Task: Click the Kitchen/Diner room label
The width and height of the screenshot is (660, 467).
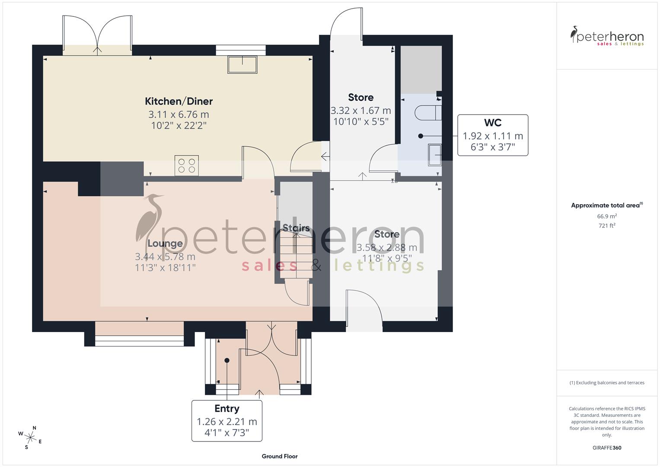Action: [179, 101]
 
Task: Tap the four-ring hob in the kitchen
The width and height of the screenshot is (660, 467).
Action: [187, 165]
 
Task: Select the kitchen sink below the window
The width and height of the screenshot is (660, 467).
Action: [242, 64]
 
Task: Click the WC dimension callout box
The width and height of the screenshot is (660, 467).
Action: [493, 135]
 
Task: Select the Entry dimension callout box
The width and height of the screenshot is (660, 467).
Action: [227, 421]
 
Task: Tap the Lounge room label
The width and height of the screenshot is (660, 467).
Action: [165, 243]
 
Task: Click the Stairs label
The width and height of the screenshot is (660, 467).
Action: [296, 228]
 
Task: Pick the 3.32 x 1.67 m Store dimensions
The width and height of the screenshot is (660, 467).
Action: [361, 111]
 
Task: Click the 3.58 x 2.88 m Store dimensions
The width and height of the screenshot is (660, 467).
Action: [387, 248]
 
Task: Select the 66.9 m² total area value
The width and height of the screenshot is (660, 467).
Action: [607, 216]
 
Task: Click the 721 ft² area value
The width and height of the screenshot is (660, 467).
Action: [607, 225]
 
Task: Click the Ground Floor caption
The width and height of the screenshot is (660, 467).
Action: [280, 456]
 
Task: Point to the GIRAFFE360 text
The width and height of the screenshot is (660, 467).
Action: [607, 448]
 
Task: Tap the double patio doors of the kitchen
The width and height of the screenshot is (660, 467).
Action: [98, 35]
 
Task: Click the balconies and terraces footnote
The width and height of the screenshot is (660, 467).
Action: [607, 383]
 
